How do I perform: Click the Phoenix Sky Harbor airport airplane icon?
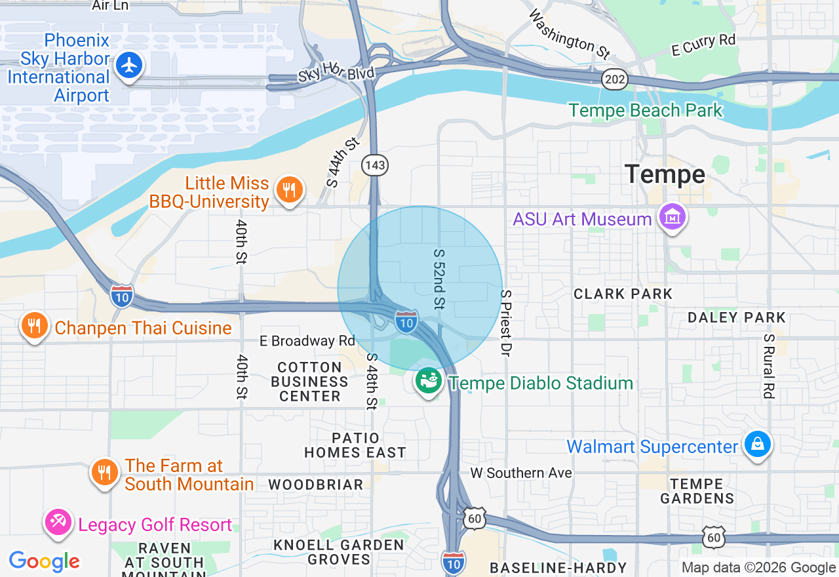tap(130, 65)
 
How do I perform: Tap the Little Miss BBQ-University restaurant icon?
tap(288, 190)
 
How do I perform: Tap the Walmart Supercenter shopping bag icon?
tap(758, 445)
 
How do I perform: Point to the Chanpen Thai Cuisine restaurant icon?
tap(34, 326)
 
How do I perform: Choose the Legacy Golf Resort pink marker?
tap(58, 523)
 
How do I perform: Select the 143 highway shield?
tap(376, 165)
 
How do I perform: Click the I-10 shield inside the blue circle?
tap(406, 322)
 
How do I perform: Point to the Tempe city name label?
tap(665, 174)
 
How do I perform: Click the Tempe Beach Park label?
tap(645, 110)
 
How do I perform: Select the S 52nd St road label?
tap(439, 279)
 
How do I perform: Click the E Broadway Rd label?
tap(307, 341)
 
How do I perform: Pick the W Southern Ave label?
tap(521, 473)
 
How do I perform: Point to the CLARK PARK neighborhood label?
tap(623, 294)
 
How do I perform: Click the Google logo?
tap(44, 561)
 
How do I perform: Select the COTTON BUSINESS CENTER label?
tap(309, 382)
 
